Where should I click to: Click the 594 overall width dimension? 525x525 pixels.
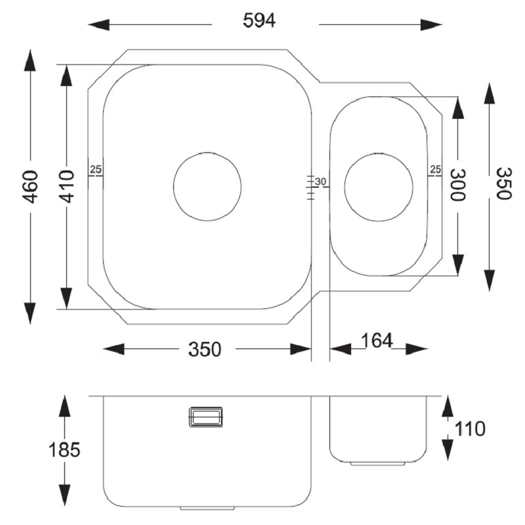pyautogui.click(x=259, y=20)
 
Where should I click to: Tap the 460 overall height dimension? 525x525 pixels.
pyautogui.click(x=30, y=186)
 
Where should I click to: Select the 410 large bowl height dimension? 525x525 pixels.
pyautogui.click(x=67, y=186)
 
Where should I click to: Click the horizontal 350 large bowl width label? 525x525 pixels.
pyautogui.click(x=205, y=349)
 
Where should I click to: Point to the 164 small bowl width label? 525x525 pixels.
pyautogui.click(x=376, y=341)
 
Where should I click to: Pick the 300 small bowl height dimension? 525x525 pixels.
pyautogui.click(x=457, y=185)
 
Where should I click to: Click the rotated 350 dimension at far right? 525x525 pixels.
pyautogui.click(x=503, y=184)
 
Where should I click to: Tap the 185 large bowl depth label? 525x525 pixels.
pyautogui.click(x=64, y=450)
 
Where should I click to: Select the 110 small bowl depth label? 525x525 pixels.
pyautogui.click(x=469, y=429)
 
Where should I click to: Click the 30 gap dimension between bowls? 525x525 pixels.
pyautogui.click(x=320, y=182)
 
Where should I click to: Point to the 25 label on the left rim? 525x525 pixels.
pyautogui.click(x=96, y=170)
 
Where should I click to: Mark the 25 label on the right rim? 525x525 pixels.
pyautogui.click(x=436, y=169)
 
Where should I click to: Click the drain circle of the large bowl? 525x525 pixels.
pyautogui.click(x=207, y=153)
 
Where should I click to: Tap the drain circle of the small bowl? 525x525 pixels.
pyautogui.click(x=379, y=154)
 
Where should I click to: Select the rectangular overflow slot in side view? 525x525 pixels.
pyautogui.click(x=205, y=417)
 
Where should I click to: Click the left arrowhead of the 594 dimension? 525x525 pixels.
pyautogui.click(x=98, y=24)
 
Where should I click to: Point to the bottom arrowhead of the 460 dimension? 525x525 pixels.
pyautogui.click(x=30, y=314)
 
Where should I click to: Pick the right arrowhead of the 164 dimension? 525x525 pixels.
pyautogui.click(x=417, y=349)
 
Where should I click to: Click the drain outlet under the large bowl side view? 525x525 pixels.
pyautogui.click(x=207, y=508)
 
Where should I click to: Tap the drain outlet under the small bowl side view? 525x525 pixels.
pyautogui.click(x=378, y=464)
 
